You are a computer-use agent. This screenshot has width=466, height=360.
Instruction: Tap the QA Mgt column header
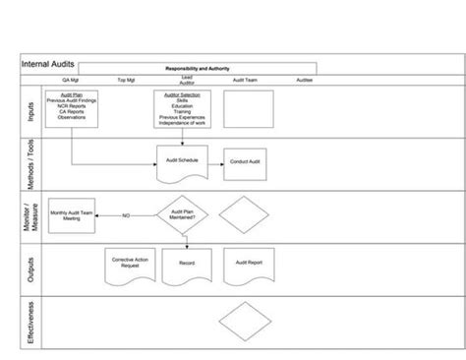click(x=71, y=81)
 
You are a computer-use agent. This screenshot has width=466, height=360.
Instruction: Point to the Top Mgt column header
click(x=127, y=81)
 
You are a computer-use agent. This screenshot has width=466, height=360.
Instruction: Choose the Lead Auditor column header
click(x=186, y=79)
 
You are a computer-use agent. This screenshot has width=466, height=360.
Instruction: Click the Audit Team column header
click(x=247, y=81)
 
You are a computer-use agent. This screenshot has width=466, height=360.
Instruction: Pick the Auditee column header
click(x=305, y=81)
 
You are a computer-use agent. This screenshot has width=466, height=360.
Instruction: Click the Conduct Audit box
click(x=247, y=162)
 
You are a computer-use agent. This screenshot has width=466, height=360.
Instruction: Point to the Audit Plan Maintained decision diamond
click(x=185, y=214)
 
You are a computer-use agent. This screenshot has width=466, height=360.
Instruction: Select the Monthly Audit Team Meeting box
click(x=71, y=215)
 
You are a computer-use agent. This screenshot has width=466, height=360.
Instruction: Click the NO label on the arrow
click(x=126, y=215)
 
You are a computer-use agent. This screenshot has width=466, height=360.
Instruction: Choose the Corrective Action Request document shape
click(x=129, y=266)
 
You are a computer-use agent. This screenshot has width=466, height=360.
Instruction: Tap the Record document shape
click(x=187, y=265)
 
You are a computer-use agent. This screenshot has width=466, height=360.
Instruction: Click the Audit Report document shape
click(x=247, y=265)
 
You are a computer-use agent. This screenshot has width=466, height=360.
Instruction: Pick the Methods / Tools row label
click(x=32, y=162)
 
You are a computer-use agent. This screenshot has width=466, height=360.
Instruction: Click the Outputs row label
click(x=32, y=267)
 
